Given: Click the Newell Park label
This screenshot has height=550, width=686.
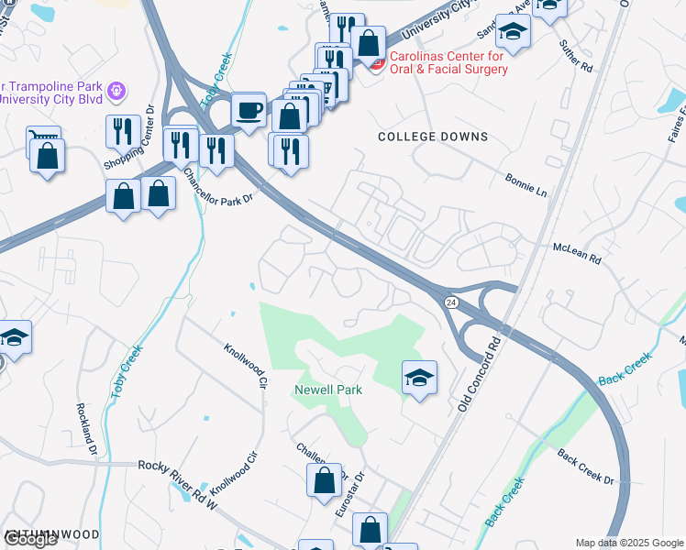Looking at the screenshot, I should (327, 390).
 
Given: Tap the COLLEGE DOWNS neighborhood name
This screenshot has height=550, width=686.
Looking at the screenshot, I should (433, 137).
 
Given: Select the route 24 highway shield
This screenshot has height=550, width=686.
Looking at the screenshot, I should (450, 302).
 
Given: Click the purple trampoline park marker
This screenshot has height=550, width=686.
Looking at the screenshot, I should (116, 92).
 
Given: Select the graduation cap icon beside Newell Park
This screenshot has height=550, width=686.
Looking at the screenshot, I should (419, 377).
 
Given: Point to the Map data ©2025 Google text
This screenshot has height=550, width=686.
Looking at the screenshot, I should (629, 543).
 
